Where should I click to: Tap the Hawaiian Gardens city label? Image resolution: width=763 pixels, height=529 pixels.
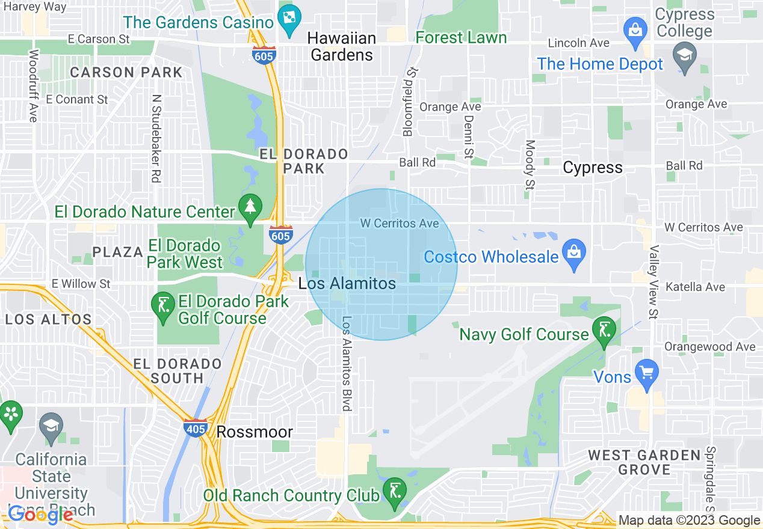click(341, 46)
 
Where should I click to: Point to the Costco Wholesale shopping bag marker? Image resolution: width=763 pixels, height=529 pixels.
click(574, 252)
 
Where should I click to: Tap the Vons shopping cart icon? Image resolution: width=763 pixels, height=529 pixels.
click(647, 373)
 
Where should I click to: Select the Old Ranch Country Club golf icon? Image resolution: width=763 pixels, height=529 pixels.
click(394, 491)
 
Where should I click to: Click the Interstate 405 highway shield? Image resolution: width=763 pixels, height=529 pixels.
click(196, 427)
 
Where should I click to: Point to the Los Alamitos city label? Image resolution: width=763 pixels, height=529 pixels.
click(348, 283)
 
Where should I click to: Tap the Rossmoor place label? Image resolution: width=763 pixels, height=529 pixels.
click(255, 432)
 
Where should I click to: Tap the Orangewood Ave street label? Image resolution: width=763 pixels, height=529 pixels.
click(709, 346)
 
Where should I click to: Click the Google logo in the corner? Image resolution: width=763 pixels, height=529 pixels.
click(41, 515)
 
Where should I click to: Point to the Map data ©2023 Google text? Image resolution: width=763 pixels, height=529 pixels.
click(690, 521)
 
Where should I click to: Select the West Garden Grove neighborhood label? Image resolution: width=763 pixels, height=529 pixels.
click(644, 462)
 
